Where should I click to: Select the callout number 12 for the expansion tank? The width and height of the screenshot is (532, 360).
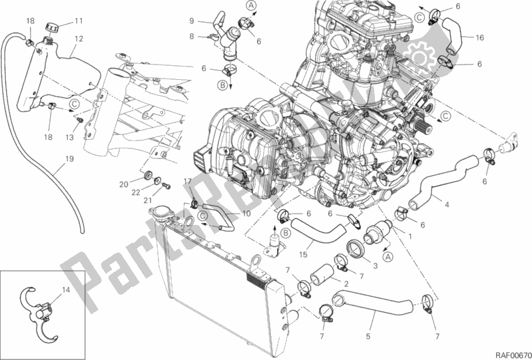pos(79,39)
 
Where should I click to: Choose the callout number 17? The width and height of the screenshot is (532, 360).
pos(187,181)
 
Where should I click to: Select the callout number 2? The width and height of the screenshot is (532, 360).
pos(346,283)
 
